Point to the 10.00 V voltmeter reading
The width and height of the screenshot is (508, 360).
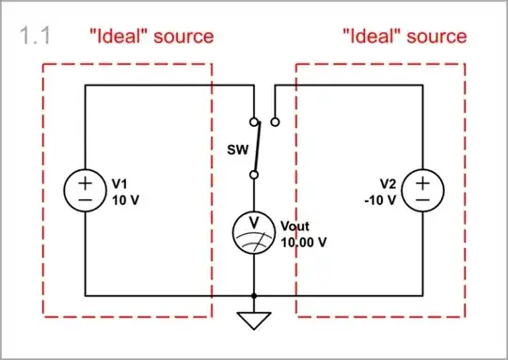pyautogui.click(x=304, y=242)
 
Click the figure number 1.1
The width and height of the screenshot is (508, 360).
pyautogui.click(x=35, y=37)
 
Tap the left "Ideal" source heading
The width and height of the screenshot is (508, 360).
pyautogui.click(x=150, y=37)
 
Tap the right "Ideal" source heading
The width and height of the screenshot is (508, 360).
pyautogui.click(x=404, y=37)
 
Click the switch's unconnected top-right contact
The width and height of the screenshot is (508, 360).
pyautogui.click(x=274, y=121)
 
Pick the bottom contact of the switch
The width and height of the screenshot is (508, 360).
pyautogui.click(x=253, y=174)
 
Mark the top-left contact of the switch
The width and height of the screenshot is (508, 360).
pyautogui.click(x=253, y=121)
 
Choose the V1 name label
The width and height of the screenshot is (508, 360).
pyautogui.click(x=119, y=184)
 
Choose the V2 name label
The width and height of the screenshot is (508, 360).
pyautogui.click(x=388, y=184)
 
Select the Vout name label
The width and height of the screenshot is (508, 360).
pyautogui.click(x=295, y=227)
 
